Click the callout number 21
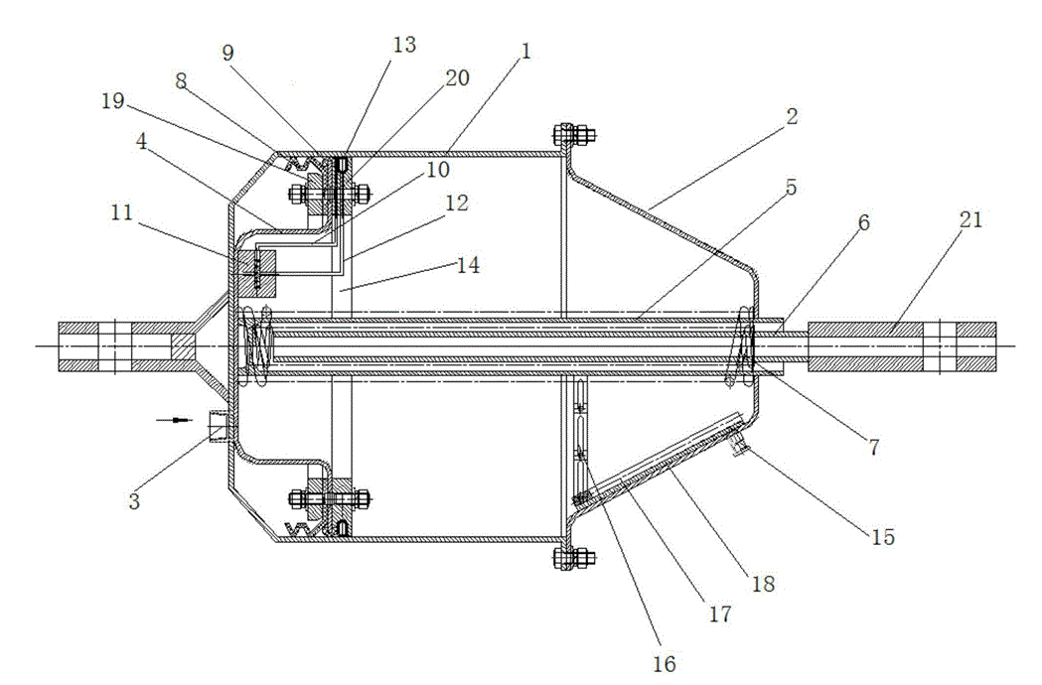coord(970,219)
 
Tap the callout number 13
coord(404,45)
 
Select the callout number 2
coord(791,116)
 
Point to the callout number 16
coord(665,662)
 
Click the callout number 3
coord(134,500)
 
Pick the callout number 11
coord(121,212)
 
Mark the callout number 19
coord(113,101)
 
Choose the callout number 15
coord(883,536)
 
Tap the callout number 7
coord(874,447)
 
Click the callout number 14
coord(468,265)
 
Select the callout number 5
coord(791,188)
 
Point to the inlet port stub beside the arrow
coord(219,426)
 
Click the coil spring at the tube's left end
coord(257,345)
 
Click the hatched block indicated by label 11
coord(256,274)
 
